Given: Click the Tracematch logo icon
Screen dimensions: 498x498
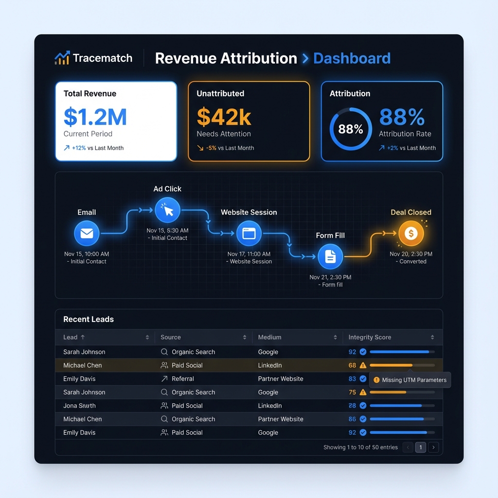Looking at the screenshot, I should [x=62, y=58].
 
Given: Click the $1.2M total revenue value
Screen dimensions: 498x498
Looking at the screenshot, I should [x=95, y=117].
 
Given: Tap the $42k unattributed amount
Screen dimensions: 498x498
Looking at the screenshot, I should [x=224, y=117].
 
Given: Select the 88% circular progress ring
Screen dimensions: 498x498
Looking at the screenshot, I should [x=351, y=129].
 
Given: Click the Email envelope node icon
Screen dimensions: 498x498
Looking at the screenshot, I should [x=87, y=234].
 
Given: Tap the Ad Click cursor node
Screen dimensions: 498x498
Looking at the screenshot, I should [x=167, y=210].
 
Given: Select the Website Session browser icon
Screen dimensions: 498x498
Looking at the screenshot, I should [x=249, y=233].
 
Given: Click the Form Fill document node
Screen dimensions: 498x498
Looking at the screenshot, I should [x=330, y=257].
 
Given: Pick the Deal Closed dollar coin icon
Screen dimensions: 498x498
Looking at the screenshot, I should [x=411, y=233].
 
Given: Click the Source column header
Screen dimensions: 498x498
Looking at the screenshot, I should [x=171, y=337].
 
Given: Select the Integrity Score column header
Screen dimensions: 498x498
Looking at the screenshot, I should [x=370, y=337].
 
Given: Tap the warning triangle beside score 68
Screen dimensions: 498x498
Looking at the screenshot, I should [x=363, y=365].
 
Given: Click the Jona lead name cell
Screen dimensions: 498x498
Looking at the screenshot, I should [x=79, y=406].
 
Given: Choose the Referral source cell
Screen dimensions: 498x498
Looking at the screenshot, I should [x=182, y=379].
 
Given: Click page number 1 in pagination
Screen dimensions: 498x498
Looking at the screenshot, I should [x=421, y=447].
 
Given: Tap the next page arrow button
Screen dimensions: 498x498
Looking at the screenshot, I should [x=433, y=447].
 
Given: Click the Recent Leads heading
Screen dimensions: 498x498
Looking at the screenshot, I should [x=89, y=319].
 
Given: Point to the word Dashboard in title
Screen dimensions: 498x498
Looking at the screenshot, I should [x=352, y=58].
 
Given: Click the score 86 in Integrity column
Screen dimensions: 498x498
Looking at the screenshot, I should [x=352, y=419].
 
